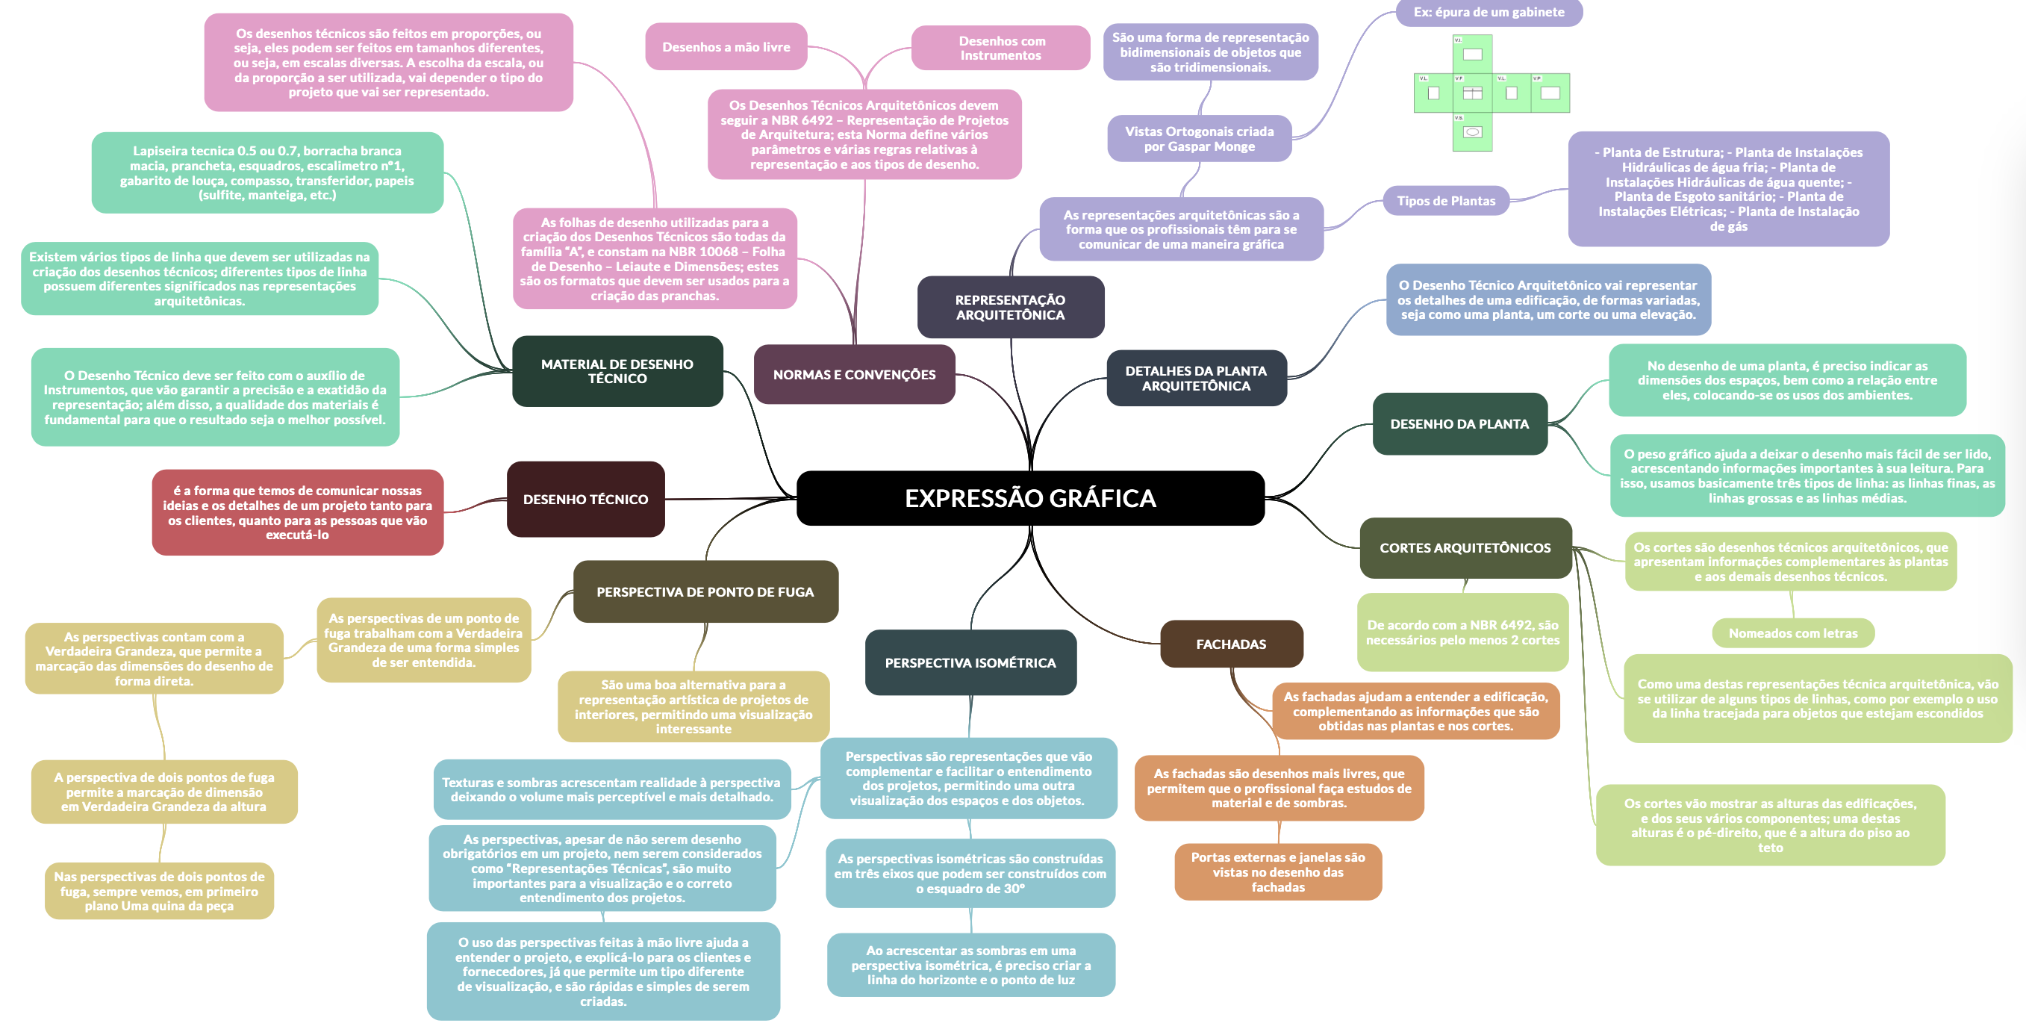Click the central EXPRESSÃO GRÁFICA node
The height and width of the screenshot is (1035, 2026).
coord(1030,498)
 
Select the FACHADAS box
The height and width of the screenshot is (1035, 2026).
coord(1231,644)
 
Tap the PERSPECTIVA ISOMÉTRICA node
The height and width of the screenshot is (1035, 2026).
coord(970,662)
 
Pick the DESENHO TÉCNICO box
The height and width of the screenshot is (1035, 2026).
coord(585,499)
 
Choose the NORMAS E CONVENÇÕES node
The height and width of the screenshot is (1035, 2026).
coord(854,374)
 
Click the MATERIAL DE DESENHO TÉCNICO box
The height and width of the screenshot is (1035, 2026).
coord(617,371)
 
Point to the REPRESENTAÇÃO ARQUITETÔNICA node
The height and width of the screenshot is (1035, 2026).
coord(1010,307)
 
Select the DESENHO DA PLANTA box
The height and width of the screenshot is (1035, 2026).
coord(1459,424)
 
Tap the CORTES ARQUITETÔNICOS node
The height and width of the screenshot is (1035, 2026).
coord(1465,547)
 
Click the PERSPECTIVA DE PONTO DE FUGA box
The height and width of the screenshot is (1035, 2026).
coord(705,591)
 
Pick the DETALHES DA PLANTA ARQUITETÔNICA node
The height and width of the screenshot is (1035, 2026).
coord(1195,379)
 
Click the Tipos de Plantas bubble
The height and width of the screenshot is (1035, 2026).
coord(1445,201)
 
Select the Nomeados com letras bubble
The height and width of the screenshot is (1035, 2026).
coord(1792,633)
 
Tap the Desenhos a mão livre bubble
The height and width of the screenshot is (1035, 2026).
coord(726,46)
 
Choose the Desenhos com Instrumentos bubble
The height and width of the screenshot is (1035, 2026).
coord(1000,48)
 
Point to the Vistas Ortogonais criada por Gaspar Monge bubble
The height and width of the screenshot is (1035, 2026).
coord(1199,138)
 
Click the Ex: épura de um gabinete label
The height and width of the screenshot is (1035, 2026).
coord(1488,12)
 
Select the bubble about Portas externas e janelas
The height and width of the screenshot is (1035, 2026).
coord(1277,872)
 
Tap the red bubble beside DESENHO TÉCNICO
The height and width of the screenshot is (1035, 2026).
coord(297,512)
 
